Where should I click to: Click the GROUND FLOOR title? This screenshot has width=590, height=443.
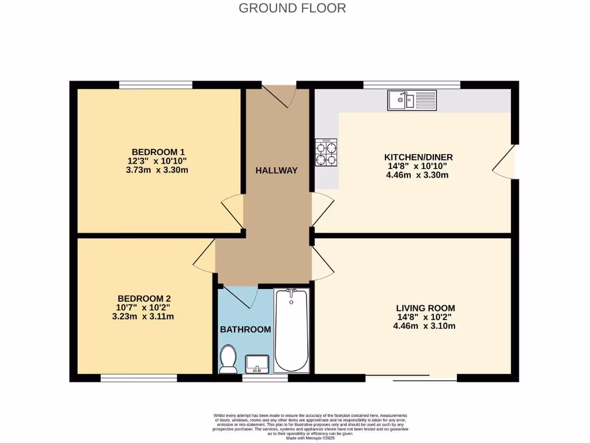[292, 8]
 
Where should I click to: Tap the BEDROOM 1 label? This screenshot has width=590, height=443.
[158, 152]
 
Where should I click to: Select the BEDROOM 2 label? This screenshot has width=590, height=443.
[144, 298]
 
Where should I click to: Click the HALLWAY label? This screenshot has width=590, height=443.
[277, 170]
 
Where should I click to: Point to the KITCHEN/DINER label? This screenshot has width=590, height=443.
[418, 157]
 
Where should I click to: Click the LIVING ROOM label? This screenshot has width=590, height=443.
[425, 308]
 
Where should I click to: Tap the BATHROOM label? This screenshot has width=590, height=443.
[245, 329]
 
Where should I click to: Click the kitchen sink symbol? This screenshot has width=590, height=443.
[412, 100]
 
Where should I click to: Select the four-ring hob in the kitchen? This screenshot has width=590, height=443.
[326, 153]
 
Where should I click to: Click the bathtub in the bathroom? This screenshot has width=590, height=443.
[292, 331]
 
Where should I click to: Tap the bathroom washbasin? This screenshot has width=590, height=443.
[256, 364]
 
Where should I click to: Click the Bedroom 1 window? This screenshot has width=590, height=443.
[156, 85]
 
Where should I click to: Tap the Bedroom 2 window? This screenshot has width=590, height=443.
[138, 378]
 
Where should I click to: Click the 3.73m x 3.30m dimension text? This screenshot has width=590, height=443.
[158, 170]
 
